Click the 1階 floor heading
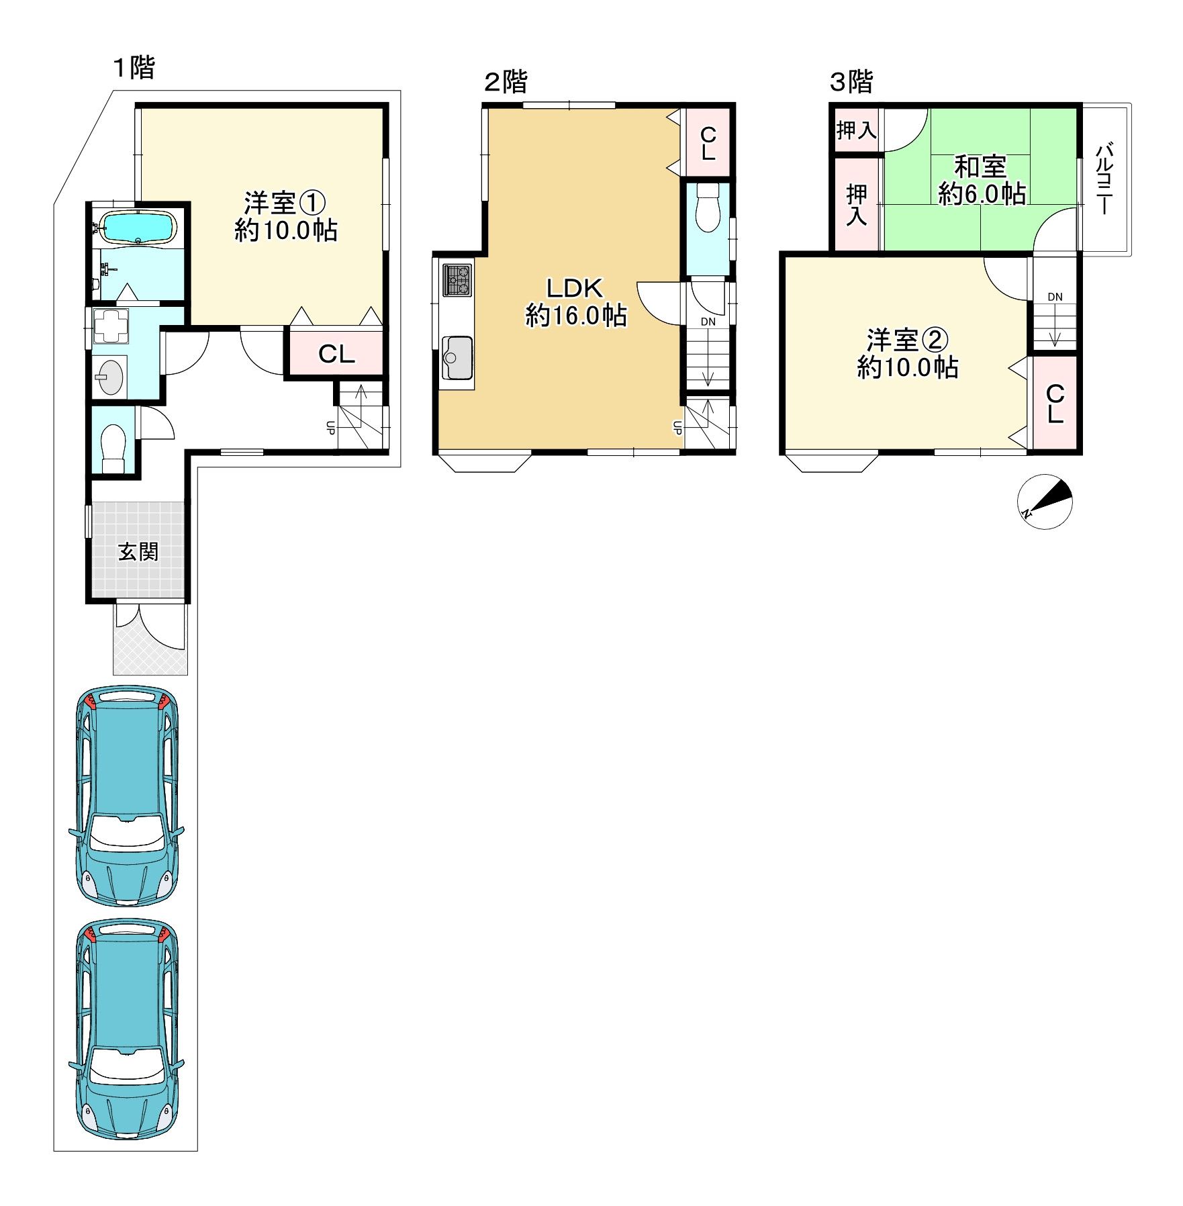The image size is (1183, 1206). [x=134, y=68]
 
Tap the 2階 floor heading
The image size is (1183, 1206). [x=506, y=82]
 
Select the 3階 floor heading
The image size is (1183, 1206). [x=851, y=82]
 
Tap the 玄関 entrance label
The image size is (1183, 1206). [x=138, y=552]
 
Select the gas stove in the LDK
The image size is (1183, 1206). [x=457, y=281]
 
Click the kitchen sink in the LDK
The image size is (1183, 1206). [x=457, y=358]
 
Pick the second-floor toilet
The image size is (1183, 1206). [x=708, y=207]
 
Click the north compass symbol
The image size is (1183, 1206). [x=1045, y=502]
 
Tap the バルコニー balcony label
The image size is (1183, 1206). [x=1104, y=178]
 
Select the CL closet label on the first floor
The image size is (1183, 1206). [x=336, y=354]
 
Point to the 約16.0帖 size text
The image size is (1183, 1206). [x=576, y=315]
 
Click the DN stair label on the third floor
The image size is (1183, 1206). [x=1055, y=297]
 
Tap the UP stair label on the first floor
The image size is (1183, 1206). [x=330, y=428]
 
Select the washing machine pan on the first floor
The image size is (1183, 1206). [x=110, y=326]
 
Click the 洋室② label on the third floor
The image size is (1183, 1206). [x=907, y=340]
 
